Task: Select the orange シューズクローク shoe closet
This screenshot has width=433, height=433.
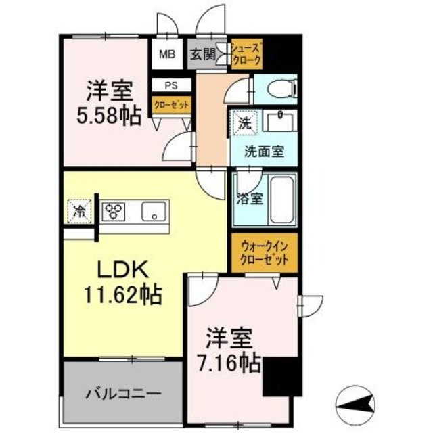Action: pyautogui.click(x=246, y=53)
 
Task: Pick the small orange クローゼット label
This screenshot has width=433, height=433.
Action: pyautogui.click(x=171, y=105)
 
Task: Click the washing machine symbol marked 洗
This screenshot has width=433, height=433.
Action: pyautogui.click(x=242, y=122)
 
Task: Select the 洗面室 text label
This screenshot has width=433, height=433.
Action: pyautogui.click(x=264, y=152)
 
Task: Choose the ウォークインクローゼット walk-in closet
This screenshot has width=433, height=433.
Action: pyautogui.click(x=263, y=254)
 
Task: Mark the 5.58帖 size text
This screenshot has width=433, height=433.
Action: pyautogui.click(x=109, y=116)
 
